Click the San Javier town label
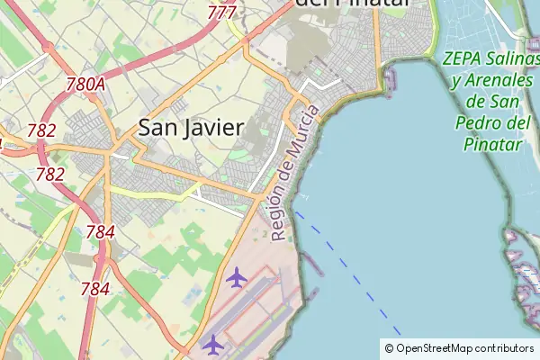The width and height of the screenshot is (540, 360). click(191, 128)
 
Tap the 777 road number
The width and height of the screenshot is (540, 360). click(221, 13)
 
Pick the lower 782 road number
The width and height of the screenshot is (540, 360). click(49, 175)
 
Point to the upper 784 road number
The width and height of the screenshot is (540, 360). click(100, 232)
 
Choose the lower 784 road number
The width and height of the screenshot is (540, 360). click(94, 289)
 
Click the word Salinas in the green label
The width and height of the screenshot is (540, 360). click(509, 60)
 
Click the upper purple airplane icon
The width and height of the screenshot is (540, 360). click(237, 277)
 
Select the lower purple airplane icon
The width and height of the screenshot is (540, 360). click(212, 344)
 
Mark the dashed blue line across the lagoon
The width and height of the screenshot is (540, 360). click(351, 270)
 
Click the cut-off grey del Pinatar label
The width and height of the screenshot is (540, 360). click(352, 4)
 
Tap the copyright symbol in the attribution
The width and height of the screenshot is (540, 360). click(389, 347)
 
